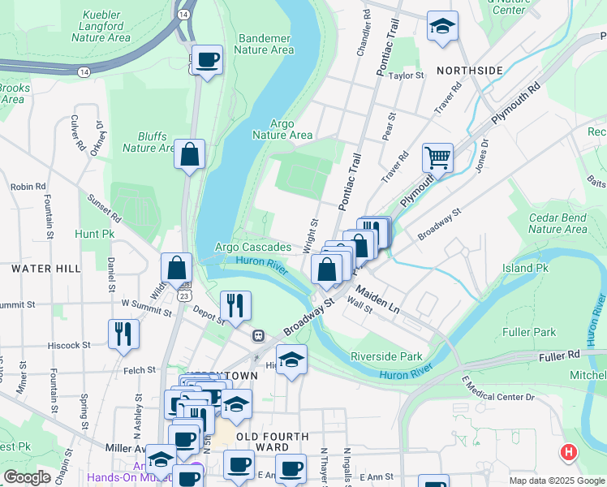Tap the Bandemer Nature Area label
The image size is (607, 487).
click(x=263, y=43)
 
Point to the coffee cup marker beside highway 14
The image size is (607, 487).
click(x=207, y=60)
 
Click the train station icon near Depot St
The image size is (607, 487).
click(x=258, y=335)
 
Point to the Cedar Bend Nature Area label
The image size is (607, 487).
click(x=557, y=223)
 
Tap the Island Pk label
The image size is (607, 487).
click(x=525, y=268)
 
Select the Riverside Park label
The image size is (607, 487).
click(x=386, y=356)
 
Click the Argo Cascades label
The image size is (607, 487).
click(x=253, y=247)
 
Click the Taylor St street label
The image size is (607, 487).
click(x=407, y=75)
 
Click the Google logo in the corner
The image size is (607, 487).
click(x=27, y=477)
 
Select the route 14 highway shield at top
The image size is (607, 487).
click(x=186, y=15)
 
